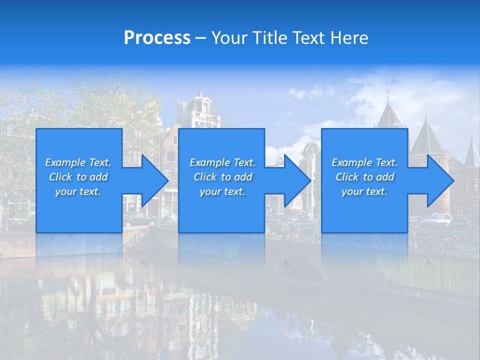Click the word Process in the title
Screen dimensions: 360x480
point(157,38)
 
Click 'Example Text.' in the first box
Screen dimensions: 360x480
point(78,162)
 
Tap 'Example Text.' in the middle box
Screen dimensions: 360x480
point(222,162)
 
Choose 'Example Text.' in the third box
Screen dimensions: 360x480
point(364,162)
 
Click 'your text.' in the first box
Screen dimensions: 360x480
point(78,191)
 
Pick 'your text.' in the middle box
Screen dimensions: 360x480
point(222,191)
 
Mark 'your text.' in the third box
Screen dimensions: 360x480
point(364,191)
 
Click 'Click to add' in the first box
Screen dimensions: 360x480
point(78,177)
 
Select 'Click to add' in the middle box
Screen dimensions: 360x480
point(222,177)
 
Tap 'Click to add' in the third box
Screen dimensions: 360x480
point(364,177)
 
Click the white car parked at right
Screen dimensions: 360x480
point(437,219)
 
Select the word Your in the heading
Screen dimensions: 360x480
point(230,38)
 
